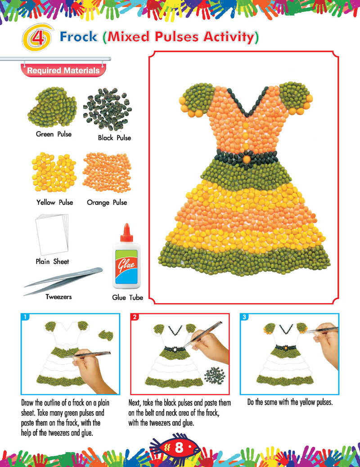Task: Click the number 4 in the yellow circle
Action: click(37, 38)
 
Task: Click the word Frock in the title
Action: click(79, 36)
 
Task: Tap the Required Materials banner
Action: click(63, 71)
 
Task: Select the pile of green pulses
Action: click(52, 107)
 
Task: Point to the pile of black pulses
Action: click(107, 109)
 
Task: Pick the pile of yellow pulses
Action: click(54, 172)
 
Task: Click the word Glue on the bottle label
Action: click(127, 263)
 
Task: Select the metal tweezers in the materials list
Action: click(63, 281)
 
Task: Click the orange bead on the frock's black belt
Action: click(247, 159)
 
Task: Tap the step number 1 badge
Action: click(25, 317)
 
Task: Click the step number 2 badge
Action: click(135, 317)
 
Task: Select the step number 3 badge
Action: click(244, 317)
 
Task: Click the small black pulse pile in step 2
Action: click(215, 376)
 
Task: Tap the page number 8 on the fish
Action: click(179, 448)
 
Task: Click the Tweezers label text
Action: click(58, 297)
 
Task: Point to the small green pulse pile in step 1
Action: click(106, 335)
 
